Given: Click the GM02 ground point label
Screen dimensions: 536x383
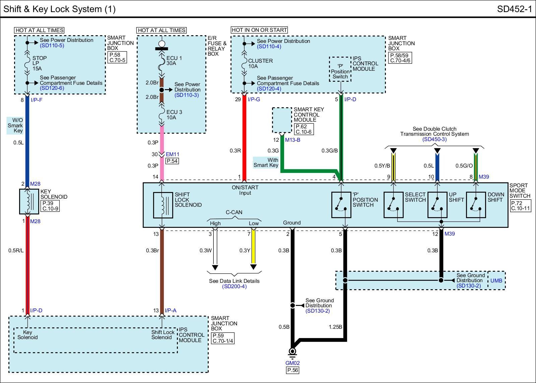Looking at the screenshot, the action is [292, 363].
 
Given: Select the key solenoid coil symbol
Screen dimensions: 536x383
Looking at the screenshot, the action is [29, 201].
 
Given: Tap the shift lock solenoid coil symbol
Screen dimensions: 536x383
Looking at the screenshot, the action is [163, 205].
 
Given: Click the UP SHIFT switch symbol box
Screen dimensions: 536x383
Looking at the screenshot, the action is [438, 205].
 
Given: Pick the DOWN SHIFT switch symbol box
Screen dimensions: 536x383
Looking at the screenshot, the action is [476, 205].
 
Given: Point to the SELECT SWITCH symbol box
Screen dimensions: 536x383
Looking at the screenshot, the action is [393, 205].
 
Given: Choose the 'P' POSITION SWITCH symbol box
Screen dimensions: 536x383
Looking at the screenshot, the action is [341, 205].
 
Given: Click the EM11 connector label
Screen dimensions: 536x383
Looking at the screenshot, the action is [172, 154].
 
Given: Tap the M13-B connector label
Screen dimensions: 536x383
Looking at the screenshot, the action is [293, 140].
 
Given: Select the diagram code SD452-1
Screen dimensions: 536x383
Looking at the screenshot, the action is [514, 9].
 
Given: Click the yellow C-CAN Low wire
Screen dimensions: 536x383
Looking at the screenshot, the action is [253, 247].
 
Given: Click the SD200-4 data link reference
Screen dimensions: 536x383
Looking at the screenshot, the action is [234, 286].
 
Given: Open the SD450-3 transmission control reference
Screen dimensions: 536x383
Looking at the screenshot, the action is [434, 139].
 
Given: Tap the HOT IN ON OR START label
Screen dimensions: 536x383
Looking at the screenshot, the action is [259, 30].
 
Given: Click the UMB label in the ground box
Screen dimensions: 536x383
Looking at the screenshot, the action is [496, 280].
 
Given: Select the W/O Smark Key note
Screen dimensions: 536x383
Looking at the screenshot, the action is [15, 125].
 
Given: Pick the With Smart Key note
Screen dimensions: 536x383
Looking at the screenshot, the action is [266, 163].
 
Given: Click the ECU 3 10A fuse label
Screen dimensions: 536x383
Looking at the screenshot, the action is [174, 115].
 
